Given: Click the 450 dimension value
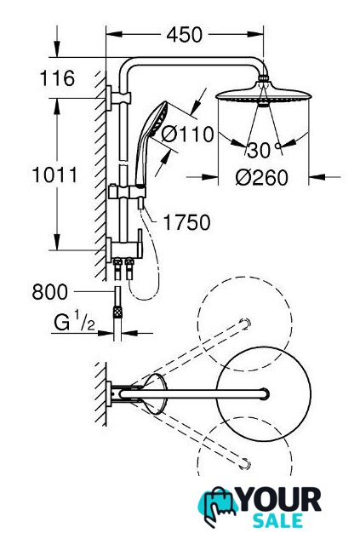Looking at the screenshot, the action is coord(185,35).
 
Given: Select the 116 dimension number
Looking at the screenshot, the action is coord(57,78).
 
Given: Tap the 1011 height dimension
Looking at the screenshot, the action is coord(55,175).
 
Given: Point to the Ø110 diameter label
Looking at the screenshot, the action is coord(188,134).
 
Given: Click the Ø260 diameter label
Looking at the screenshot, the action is coord(262,178).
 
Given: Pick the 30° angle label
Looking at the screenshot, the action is coord(264,150).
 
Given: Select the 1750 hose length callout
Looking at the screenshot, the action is coord(186,222).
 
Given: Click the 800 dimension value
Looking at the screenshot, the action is coord(50,292).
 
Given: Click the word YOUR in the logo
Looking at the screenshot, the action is coord(280,500).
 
